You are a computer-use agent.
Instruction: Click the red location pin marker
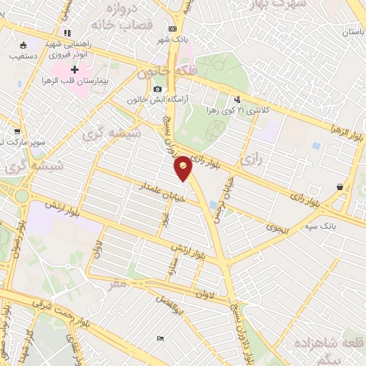(x=183, y=169)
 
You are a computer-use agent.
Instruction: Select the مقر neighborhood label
(x=119, y=283)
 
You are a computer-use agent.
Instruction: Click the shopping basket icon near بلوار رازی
(x=339, y=187)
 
